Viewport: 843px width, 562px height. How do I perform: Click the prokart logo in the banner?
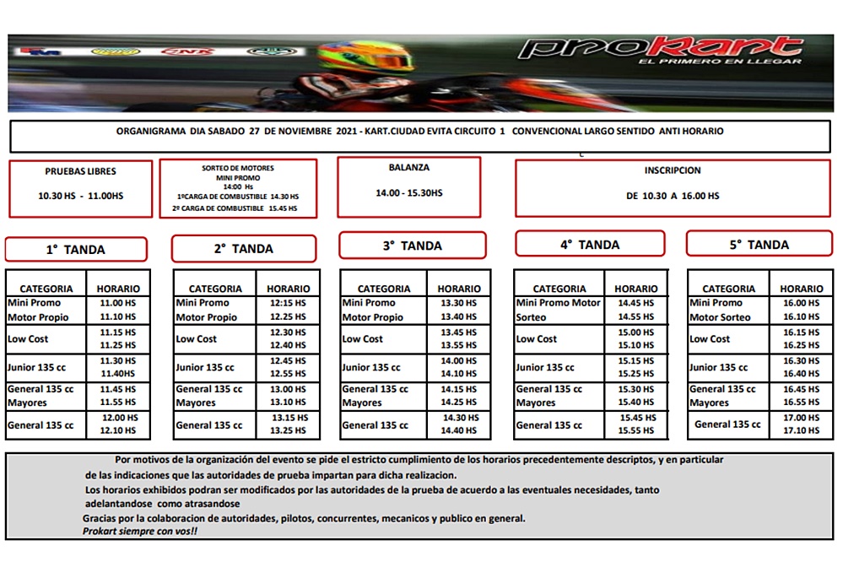coord(659,49)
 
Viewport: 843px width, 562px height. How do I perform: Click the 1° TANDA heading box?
coord(76,250)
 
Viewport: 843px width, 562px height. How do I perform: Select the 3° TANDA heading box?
coord(413,246)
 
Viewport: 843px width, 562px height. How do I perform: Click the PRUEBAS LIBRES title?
coord(81,171)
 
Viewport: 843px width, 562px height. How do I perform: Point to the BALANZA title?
coord(409,168)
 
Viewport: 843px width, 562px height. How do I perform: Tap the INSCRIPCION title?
coord(673,170)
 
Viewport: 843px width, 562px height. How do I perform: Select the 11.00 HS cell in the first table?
coord(118,303)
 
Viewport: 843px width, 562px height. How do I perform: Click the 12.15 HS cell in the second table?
coord(288,303)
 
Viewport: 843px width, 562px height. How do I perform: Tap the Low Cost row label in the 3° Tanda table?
coord(363,339)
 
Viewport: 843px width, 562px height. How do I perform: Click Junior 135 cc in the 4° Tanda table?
coord(545,368)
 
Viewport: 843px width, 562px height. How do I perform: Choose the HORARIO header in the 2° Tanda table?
coord(288,289)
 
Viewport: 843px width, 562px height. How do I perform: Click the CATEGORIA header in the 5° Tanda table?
coord(728,289)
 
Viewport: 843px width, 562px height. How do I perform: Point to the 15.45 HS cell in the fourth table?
coord(637,418)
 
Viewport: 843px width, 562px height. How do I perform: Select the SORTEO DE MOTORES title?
coord(238,169)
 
